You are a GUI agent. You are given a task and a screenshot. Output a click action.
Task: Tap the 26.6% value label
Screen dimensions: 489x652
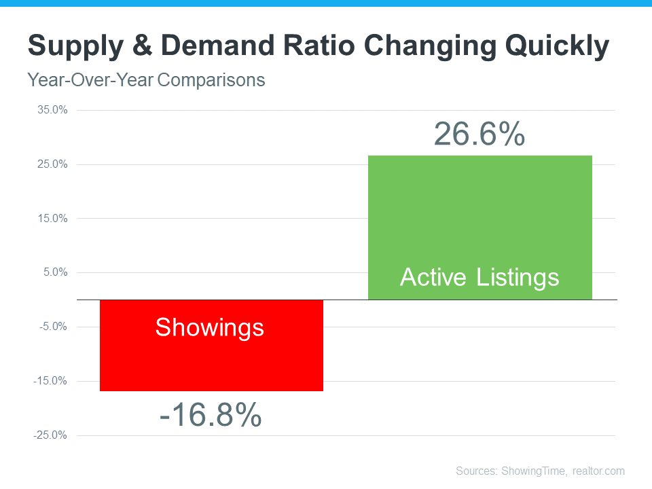click(479, 134)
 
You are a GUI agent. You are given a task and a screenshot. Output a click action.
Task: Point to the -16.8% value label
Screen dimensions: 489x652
click(211, 414)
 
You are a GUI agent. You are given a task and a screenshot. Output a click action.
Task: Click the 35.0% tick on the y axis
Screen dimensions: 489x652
click(52, 110)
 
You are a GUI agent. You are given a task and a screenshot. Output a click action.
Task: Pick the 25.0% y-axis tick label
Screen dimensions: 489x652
click(52, 164)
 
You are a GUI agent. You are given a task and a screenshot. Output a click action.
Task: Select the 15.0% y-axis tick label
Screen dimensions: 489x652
click(52, 219)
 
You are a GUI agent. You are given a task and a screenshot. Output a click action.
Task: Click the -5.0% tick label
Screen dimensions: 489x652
click(53, 327)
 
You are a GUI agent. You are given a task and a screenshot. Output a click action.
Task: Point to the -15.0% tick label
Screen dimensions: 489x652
click(51, 381)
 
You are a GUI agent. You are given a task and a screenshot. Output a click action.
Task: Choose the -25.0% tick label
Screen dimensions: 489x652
click(51, 435)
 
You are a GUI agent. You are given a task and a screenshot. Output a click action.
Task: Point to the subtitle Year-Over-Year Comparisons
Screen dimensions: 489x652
click(146, 80)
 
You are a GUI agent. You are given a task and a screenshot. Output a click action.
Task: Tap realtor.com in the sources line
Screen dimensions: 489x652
click(598, 471)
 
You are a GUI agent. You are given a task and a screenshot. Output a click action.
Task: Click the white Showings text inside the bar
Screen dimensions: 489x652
click(209, 327)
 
